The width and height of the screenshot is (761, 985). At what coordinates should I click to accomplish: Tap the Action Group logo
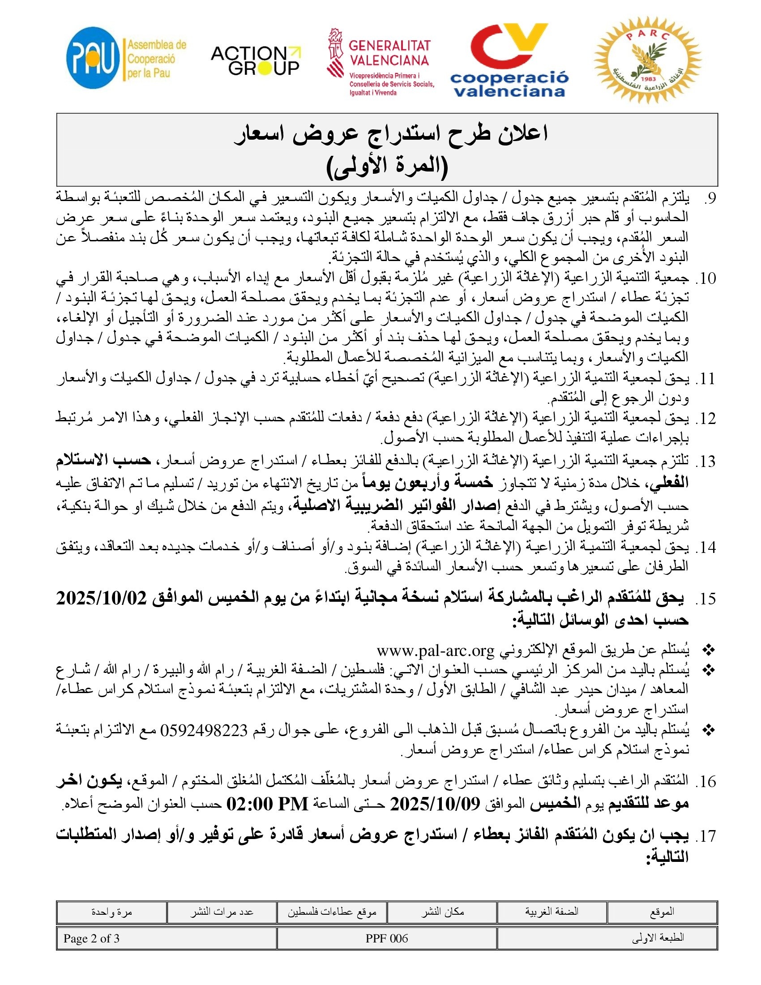(x=256, y=60)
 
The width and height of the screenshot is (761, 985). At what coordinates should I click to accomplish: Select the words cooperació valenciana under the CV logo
(x=509, y=84)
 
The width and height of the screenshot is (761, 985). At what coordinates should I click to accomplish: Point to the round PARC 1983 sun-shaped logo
(x=647, y=60)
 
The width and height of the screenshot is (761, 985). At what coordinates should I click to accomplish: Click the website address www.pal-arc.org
(x=436, y=651)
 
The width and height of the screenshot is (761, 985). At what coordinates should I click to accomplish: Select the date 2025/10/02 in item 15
(x=102, y=599)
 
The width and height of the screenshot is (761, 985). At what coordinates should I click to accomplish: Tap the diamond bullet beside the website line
(x=709, y=651)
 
